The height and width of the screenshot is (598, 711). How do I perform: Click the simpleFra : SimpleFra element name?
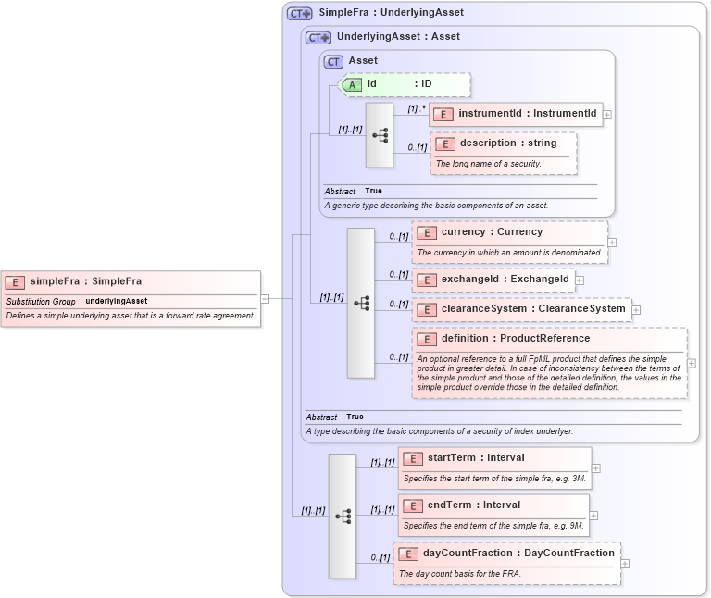point(85,281)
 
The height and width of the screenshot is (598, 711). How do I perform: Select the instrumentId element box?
point(516,114)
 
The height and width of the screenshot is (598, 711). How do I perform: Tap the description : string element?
point(508,143)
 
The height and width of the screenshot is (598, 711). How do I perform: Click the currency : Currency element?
point(492,232)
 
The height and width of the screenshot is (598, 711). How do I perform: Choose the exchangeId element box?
point(493,279)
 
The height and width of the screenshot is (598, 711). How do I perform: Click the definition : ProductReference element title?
point(515,339)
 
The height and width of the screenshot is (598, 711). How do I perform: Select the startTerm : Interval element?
point(476,458)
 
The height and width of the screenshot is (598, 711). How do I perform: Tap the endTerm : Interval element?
point(474,505)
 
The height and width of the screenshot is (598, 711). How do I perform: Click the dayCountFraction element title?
point(518,554)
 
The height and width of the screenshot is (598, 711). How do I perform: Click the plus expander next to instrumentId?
point(607,115)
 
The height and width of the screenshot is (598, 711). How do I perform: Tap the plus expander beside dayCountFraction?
point(626,563)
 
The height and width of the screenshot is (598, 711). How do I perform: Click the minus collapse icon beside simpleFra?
point(265,298)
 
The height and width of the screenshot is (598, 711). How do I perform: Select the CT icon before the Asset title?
point(333,61)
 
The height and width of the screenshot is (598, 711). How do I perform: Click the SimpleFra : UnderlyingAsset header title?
point(391,13)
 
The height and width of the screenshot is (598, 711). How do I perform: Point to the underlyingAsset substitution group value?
point(117,302)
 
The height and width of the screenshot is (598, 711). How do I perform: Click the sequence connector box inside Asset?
point(380,135)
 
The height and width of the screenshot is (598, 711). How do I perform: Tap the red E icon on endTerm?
point(413,505)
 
